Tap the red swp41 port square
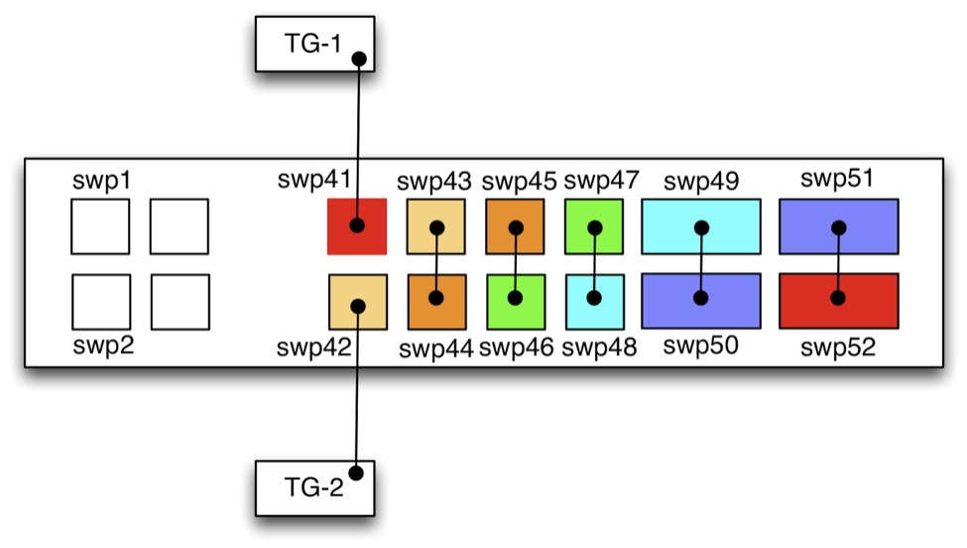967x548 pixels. click(x=357, y=226)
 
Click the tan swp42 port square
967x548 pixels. click(x=357, y=302)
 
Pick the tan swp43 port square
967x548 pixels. click(x=436, y=226)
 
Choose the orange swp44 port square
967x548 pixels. click(x=436, y=302)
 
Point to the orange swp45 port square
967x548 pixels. click(x=515, y=226)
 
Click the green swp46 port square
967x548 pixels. click(x=515, y=302)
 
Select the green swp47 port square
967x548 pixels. click(x=593, y=226)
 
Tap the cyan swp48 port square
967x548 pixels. click(x=593, y=302)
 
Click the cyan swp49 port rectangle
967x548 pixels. click(x=701, y=226)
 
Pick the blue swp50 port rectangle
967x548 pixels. click(x=701, y=301)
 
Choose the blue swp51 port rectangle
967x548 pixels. click(x=838, y=226)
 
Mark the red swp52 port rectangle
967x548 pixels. click(x=838, y=301)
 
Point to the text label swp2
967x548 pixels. click(x=102, y=346)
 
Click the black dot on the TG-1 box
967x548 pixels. click(x=359, y=60)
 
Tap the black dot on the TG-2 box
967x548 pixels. click(x=355, y=472)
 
